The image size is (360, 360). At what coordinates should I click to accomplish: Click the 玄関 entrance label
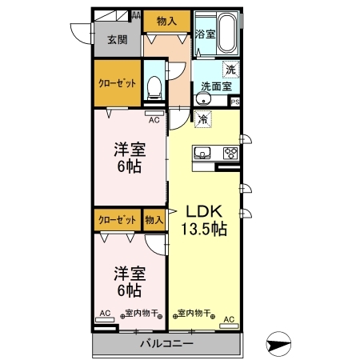pos(118,40)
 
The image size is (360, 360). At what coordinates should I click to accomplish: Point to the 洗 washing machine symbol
pos(230,70)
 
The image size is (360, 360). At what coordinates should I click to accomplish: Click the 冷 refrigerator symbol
pos(203,119)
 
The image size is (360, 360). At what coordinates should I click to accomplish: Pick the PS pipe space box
pos(235,102)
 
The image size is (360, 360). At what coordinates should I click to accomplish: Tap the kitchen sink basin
pos(202,153)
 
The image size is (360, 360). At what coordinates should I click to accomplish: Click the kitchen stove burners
pos(230,153)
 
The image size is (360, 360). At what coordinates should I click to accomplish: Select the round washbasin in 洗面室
pos(204,99)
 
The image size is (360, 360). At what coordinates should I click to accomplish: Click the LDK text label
pos(204,211)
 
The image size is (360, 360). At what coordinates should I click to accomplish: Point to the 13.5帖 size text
pos(204,229)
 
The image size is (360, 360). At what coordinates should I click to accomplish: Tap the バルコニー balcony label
pos(166,343)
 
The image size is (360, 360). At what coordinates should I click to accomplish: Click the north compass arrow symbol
pos(278,344)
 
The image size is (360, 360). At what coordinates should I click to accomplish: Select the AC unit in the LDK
pos(229,326)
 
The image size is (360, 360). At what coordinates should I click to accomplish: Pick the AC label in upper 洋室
pos(154,120)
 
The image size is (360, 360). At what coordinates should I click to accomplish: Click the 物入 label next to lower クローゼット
pos(154,220)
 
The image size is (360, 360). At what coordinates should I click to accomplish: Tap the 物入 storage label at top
pos(166,21)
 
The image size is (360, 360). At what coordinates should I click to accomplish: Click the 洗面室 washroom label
pos(216,86)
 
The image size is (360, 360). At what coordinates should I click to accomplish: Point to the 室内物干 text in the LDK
pos(194,313)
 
